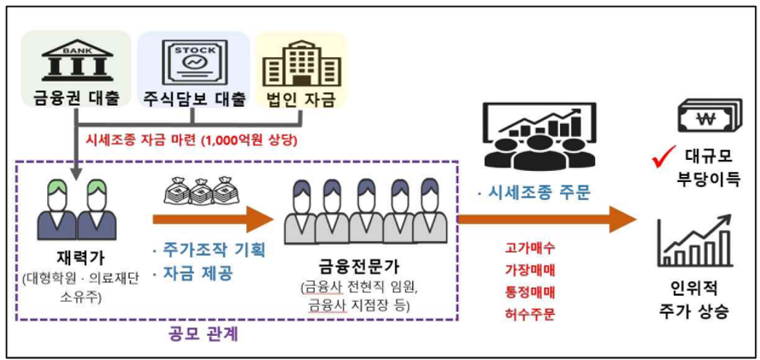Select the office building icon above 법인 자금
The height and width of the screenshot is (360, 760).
click(x=298, y=62)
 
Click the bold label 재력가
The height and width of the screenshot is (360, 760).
click(x=76, y=257)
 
